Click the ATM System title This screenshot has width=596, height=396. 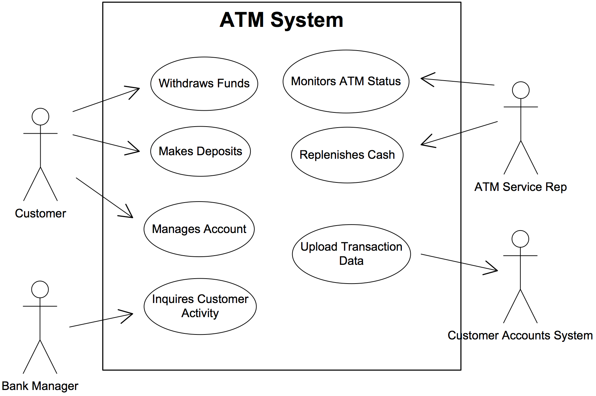click(x=281, y=20)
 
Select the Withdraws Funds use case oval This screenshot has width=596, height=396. click(x=204, y=84)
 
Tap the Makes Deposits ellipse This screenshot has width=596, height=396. click(x=200, y=151)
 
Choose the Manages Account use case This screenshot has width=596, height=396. click(x=199, y=229)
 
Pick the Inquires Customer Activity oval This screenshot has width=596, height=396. click(x=200, y=306)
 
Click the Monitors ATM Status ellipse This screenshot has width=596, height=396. click(x=346, y=82)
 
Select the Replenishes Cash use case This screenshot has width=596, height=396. click(x=347, y=155)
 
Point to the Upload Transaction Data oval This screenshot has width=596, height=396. click(x=351, y=254)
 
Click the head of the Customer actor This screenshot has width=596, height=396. click(x=40, y=117)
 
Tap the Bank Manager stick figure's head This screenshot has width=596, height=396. click(x=40, y=290)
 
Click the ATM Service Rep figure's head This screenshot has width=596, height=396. click(x=521, y=90)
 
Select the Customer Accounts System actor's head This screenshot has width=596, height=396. click(x=520, y=239)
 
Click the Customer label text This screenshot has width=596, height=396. click(x=40, y=214)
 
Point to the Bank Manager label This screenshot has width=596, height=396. click(x=40, y=386)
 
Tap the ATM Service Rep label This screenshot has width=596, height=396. click(x=520, y=187)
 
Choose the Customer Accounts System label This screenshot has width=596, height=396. click(x=520, y=335)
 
